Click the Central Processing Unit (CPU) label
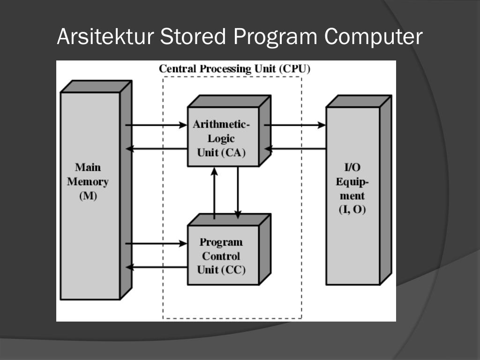(234, 69)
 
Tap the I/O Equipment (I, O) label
(352, 188)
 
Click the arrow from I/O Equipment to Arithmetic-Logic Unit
(295, 149)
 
